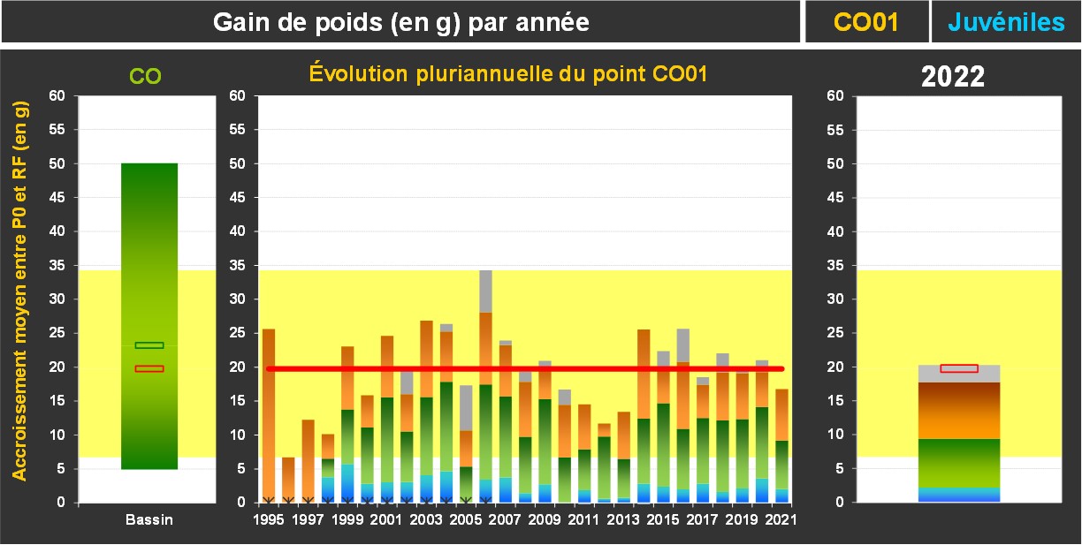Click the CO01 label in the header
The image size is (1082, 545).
pyautogui.click(x=866, y=22)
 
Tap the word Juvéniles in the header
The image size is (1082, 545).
pyautogui.click(x=1006, y=22)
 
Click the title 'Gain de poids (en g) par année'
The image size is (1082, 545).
pyautogui.click(x=401, y=22)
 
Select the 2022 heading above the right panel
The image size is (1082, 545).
pyautogui.click(x=953, y=77)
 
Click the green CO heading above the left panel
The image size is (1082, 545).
pyautogui.click(x=146, y=77)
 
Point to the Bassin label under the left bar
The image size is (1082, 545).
pyautogui.click(x=149, y=520)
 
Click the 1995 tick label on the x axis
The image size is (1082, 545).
pyautogui.click(x=269, y=520)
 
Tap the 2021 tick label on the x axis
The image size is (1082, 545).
pyautogui.click(x=777, y=520)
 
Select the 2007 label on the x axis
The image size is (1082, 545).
pyautogui.click(x=504, y=520)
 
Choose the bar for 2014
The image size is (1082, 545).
pyautogui.click(x=643, y=415)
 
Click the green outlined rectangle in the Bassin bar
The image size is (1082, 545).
pyautogui.click(x=149, y=345)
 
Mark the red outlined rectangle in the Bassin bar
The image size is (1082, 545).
pyautogui.click(x=149, y=368)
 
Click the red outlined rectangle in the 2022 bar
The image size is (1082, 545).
pyautogui.click(x=959, y=368)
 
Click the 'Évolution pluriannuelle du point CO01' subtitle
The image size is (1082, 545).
pyautogui.click(x=508, y=74)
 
